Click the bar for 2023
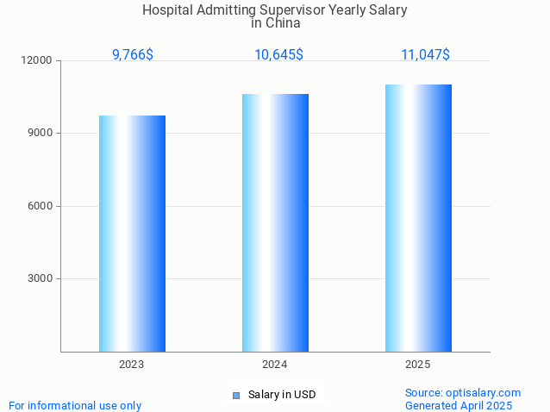click(132, 234)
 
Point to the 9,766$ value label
click(133, 54)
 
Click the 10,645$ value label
click(278, 54)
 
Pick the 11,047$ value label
click(425, 54)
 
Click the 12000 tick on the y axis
click(38, 60)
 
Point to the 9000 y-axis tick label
click(41, 133)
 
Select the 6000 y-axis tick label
click(41, 206)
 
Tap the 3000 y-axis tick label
click(41, 278)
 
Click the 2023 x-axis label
click(132, 365)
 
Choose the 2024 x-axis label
click(275, 365)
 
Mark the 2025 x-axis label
click(418, 365)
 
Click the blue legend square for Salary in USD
click(235, 396)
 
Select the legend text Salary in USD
click(282, 395)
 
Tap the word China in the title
click(283, 23)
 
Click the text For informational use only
click(75, 405)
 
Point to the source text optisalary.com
click(484, 392)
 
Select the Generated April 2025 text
click(459, 405)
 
